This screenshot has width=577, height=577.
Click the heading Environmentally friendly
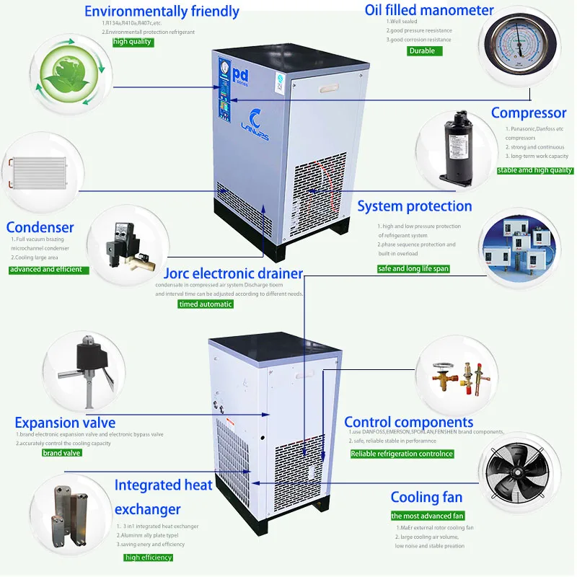point(162,12)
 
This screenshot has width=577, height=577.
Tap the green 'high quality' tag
point(133,42)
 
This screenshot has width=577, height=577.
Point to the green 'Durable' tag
point(422,50)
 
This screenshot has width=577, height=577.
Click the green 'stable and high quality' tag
point(535,170)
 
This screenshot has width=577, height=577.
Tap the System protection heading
point(415,207)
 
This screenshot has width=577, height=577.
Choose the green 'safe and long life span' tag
point(413,269)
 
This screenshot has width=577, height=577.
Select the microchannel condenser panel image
point(36,172)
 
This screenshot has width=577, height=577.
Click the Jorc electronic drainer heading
point(233,273)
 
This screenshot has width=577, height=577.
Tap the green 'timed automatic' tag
point(206,304)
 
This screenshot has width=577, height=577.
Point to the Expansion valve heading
point(65,423)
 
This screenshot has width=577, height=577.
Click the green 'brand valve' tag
point(62,453)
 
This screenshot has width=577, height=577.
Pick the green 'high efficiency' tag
point(148,558)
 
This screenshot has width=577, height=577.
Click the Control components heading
point(408,422)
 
